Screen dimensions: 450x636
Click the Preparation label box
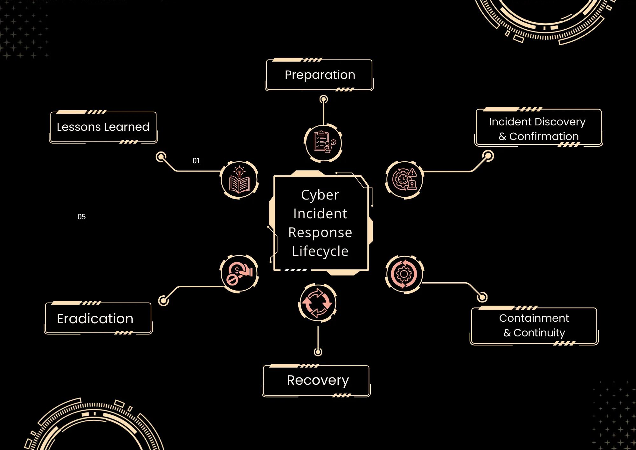319,75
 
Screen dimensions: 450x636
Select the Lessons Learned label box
103,127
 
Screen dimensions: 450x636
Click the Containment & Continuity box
534,326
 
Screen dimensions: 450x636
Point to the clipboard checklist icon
323,143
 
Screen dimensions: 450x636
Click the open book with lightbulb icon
240,180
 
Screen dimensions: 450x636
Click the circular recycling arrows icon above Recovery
317,303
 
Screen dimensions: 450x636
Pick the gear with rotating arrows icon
404,274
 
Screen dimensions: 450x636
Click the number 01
196,161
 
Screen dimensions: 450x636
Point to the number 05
82,217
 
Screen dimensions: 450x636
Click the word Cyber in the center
320,195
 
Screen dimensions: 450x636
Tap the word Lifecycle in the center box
320,251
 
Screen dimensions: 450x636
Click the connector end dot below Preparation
324,100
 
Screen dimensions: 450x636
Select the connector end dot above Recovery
318,352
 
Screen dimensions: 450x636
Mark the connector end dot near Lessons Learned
161,157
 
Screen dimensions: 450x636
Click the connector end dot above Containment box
482,297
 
